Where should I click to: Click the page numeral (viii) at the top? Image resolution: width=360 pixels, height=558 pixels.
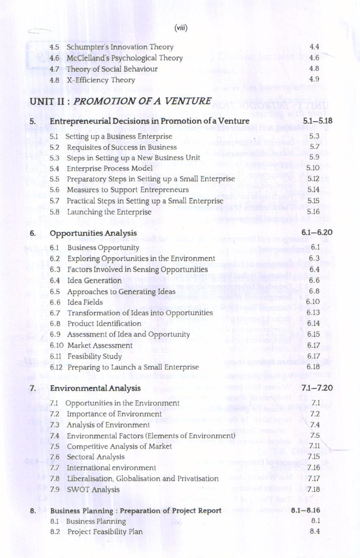click(181, 28)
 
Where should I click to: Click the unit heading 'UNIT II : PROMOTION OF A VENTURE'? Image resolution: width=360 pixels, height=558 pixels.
click(121, 101)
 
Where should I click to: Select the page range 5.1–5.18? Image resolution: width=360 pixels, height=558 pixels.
click(317, 121)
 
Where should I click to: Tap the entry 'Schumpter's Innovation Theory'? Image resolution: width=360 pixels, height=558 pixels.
click(120, 47)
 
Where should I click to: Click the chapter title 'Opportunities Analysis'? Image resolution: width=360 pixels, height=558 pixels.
click(93, 233)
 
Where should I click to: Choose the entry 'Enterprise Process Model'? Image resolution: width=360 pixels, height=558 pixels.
click(110, 168)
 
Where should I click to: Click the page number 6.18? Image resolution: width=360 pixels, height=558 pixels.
click(313, 367)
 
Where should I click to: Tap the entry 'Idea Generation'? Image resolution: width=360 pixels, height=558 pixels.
click(94, 280)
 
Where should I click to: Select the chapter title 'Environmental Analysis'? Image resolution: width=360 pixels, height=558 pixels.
click(95, 388)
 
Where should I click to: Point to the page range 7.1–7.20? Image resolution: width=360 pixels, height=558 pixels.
click(317, 388)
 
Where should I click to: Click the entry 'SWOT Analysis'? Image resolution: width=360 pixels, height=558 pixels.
click(93, 489)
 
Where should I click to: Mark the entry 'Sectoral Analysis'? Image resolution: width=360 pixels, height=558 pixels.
click(96, 457)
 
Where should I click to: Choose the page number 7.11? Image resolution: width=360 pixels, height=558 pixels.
click(314, 446)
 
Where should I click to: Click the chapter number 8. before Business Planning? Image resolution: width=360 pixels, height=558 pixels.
click(33, 511)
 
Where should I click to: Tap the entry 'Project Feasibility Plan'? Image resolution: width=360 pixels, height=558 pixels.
click(105, 532)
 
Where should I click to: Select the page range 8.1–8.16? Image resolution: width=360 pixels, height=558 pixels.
click(305, 510)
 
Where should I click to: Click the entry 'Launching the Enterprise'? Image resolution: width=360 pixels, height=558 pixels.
click(109, 212)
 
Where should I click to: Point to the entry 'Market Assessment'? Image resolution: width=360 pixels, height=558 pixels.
click(100, 346)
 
